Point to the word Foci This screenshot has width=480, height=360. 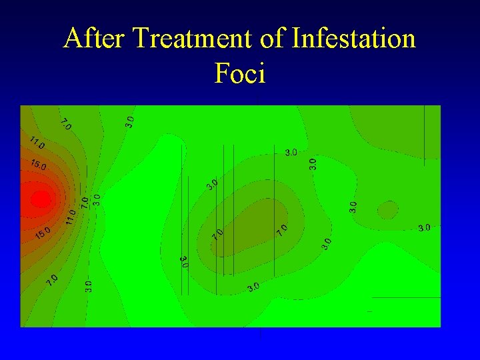pos(240,73)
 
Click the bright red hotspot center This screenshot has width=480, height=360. pos(40,199)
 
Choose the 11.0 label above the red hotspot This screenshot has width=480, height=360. pos(37,143)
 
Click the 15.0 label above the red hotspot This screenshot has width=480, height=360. pos(38,165)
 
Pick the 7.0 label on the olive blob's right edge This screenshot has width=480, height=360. pos(283,230)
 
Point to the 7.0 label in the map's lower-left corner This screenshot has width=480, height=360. pos(53,280)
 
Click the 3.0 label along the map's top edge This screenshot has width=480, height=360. pos(130,121)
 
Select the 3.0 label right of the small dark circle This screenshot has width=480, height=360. pos(423,228)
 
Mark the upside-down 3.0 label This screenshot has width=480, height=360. pos(184,261)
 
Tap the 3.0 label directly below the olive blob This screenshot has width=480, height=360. pos(253,287)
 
